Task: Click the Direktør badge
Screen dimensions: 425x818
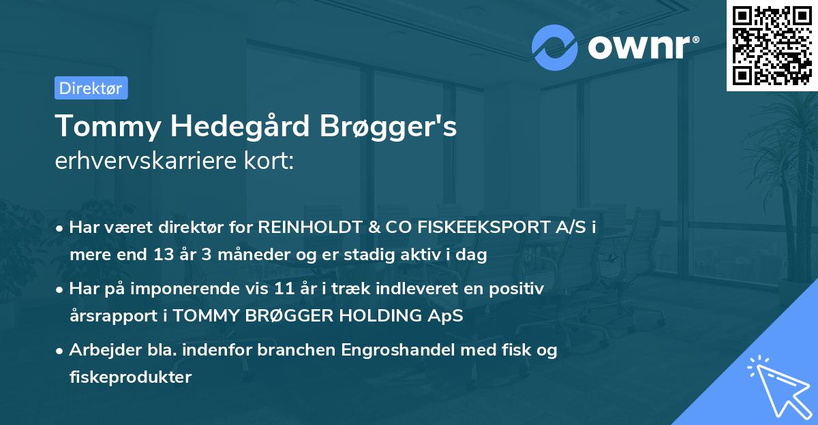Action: point(91,88)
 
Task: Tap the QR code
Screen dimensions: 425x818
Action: point(772,45)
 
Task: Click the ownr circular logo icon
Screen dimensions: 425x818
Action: point(554,48)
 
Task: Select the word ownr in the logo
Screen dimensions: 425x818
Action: point(640,48)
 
